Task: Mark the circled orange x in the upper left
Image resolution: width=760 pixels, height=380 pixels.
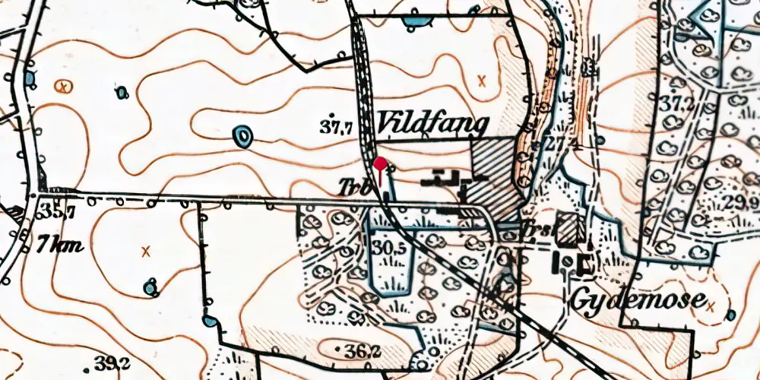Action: (65, 86)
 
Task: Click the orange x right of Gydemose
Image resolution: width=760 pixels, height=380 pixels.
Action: (711, 306)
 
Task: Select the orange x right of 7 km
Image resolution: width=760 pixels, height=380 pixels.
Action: (146, 250)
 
